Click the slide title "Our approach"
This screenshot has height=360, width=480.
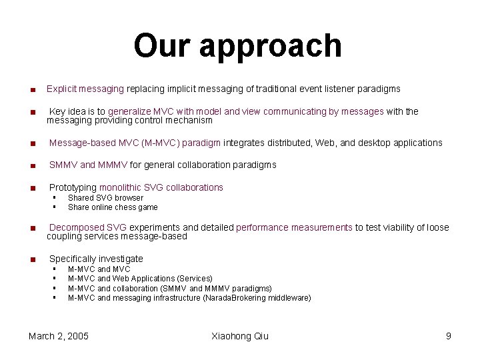click(237, 46)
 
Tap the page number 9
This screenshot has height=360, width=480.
click(449, 336)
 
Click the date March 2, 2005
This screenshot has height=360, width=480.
click(59, 336)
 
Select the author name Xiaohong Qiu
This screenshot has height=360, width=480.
click(239, 336)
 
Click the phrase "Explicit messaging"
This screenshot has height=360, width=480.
click(85, 89)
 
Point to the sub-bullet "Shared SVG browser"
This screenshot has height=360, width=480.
click(105, 198)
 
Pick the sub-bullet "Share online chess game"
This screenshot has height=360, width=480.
click(113, 207)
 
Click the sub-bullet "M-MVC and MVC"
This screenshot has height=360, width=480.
click(99, 269)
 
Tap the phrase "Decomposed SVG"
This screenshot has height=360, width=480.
click(88, 227)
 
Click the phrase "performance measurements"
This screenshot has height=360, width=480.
click(294, 227)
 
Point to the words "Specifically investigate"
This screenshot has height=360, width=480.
click(96, 259)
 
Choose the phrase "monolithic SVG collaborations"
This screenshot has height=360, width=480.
click(161, 187)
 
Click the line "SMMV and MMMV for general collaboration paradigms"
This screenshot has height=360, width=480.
click(163, 165)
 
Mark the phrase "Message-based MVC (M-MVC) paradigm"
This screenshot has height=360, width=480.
click(135, 143)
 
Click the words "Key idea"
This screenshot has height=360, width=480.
click(67, 111)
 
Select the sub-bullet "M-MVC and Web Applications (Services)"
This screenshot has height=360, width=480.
click(140, 279)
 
